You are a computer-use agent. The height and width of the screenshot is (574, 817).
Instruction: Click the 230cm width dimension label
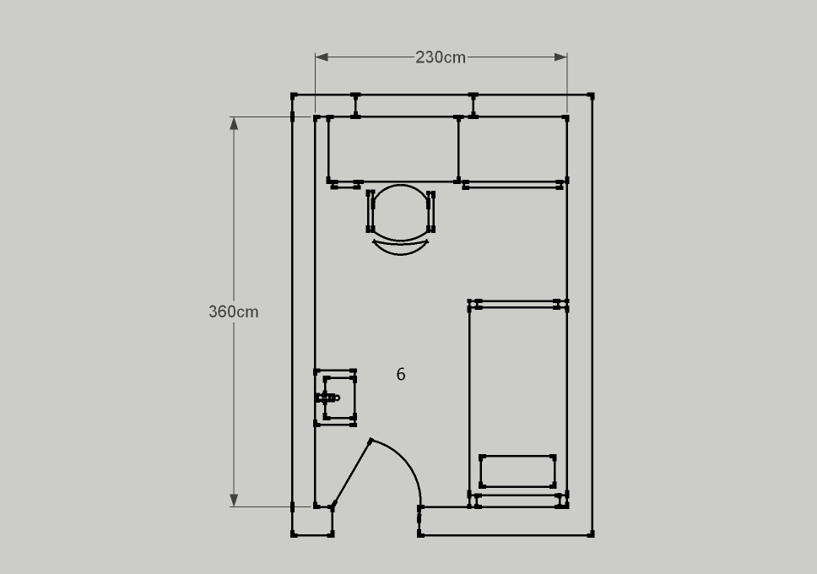click(x=441, y=57)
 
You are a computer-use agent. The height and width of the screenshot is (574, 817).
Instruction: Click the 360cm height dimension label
click(x=234, y=311)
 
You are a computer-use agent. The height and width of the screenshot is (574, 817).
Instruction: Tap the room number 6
click(x=401, y=374)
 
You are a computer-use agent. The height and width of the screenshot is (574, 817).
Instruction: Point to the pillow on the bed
click(x=517, y=471)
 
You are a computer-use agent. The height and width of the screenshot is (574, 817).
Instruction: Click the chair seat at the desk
click(x=401, y=212)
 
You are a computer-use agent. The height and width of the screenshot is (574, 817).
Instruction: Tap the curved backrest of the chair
click(x=401, y=247)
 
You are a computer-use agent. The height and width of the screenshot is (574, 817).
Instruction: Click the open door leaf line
click(x=352, y=474)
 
